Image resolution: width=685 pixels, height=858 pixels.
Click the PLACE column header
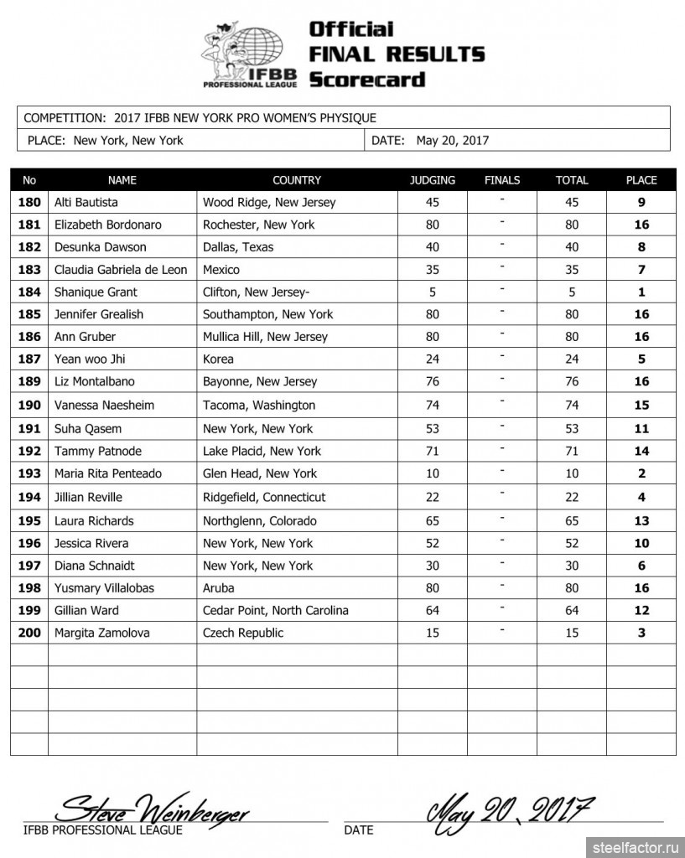[641, 180]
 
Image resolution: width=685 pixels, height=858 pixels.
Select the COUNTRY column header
[297, 180]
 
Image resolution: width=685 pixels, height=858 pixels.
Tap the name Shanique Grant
[96, 292]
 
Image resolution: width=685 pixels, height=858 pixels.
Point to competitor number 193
[29, 473]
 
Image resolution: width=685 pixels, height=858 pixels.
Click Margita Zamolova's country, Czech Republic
[243, 633]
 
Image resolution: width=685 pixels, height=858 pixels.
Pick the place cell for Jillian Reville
[641, 497]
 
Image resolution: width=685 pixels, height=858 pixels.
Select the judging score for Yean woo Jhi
[433, 359]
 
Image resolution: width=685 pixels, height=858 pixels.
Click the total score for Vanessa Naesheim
[572, 405]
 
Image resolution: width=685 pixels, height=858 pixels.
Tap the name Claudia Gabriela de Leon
[122, 270]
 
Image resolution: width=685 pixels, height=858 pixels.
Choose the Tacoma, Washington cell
[259, 405]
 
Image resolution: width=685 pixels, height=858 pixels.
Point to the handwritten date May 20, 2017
[511, 809]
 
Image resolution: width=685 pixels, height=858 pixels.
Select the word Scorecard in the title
[366, 80]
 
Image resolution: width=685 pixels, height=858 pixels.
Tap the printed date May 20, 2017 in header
[452, 141]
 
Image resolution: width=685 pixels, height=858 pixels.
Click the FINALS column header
[502, 180]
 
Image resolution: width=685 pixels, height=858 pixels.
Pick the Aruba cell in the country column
[219, 587]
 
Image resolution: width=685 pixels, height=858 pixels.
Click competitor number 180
[29, 202]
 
